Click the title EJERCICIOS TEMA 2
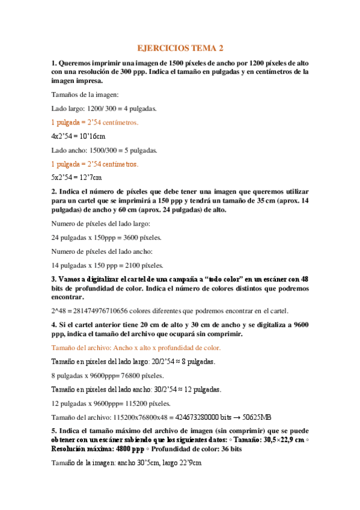pyautogui.click(x=180, y=48)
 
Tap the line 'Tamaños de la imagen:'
pyautogui.click(x=85, y=94)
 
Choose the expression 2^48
pyautogui.click(x=58, y=311)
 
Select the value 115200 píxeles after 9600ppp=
pyautogui.click(x=139, y=403)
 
